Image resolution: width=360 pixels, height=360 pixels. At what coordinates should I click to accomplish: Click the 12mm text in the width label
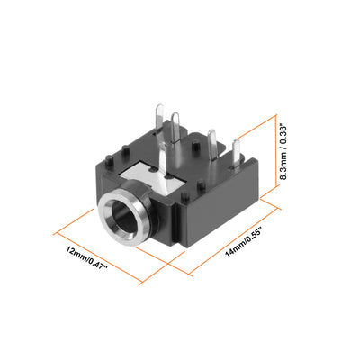76,253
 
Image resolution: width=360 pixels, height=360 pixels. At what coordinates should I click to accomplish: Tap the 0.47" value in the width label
97,264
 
